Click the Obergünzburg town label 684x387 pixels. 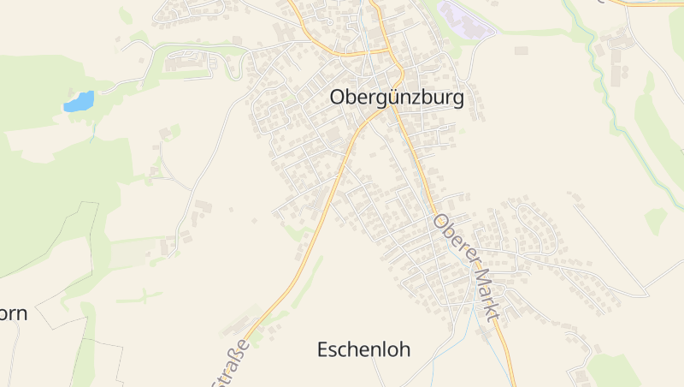click(x=397, y=98)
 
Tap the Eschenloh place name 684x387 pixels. click(x=363, y=349)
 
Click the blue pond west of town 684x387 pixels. click(x=79, y=102)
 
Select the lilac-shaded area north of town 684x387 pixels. click(x=466, y=20)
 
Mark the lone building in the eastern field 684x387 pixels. click(x=521, y=51)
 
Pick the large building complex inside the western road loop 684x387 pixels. click(x=184, y=62)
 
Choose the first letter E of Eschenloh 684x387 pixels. click(x=323, y=349)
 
